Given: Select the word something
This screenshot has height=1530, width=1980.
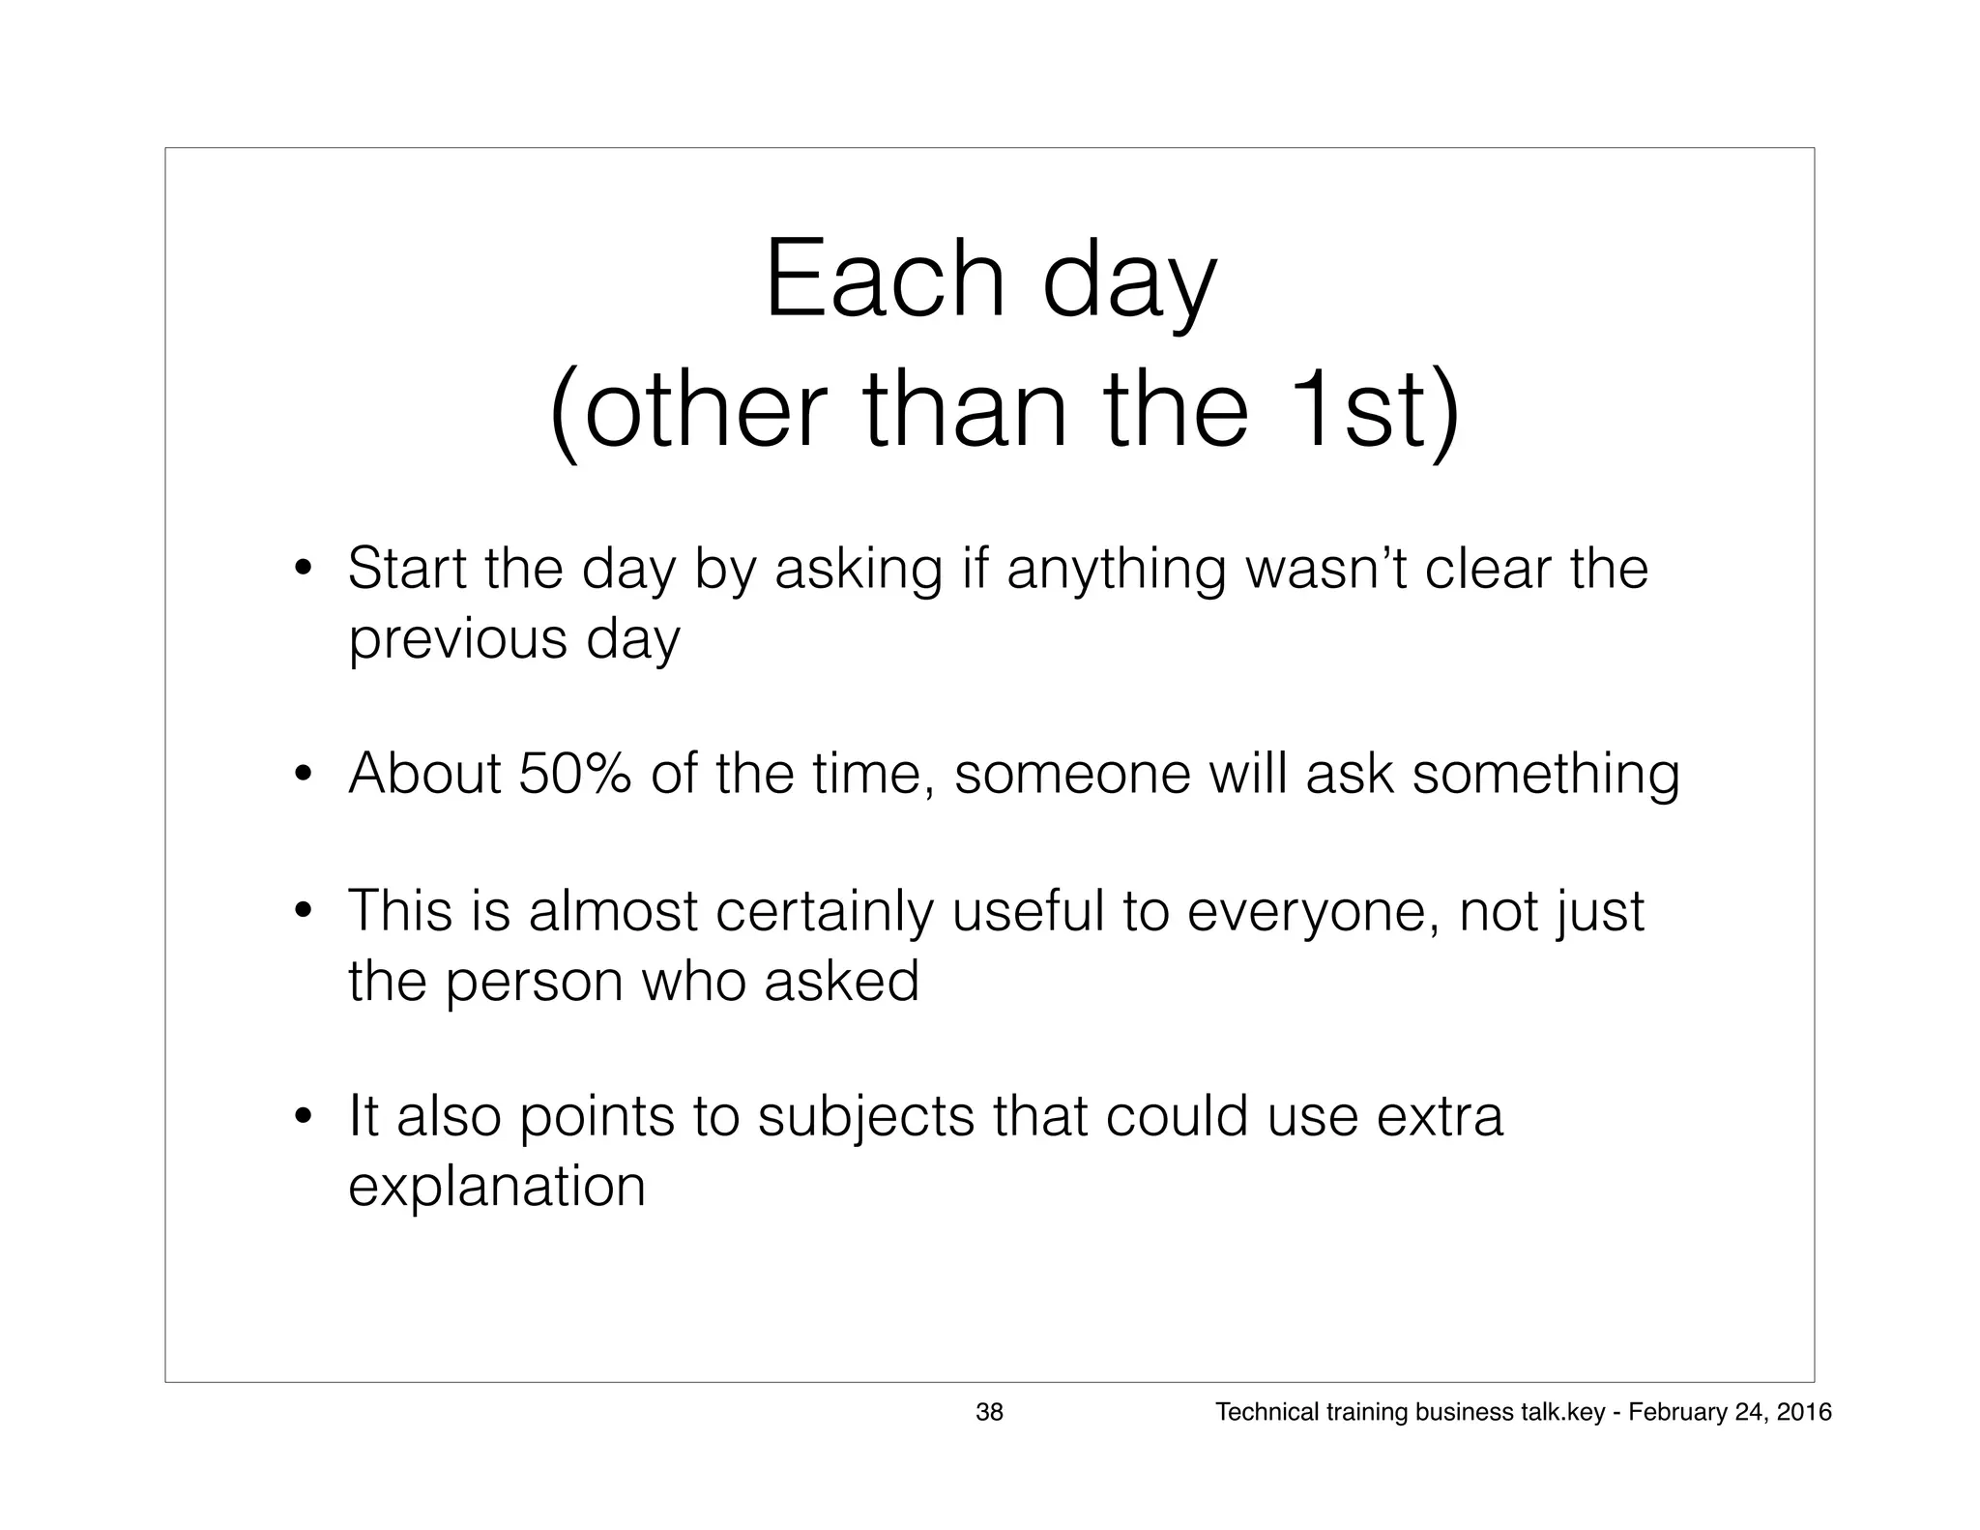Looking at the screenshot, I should (1545, 776).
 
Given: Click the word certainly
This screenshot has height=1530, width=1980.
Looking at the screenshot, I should (824, 911).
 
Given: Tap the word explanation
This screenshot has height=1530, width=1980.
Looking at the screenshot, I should (496, 1188).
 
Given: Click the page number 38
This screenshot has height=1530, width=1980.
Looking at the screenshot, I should (989, 1413).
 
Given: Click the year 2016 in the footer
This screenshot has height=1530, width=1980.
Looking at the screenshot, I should (1804, 1413).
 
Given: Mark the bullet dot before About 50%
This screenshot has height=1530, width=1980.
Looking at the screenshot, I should (304, 774).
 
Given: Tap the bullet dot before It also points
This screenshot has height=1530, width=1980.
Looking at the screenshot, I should (304, 1117).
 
